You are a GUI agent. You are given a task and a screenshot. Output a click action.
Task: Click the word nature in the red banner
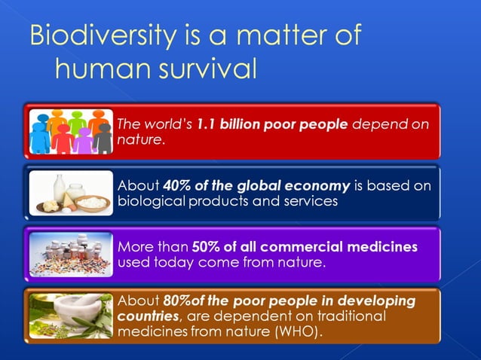pos(139,139)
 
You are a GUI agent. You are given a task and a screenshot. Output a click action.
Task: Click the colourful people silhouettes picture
pos(71,132)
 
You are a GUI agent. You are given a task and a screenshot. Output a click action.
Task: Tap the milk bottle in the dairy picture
pos(58,188)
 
